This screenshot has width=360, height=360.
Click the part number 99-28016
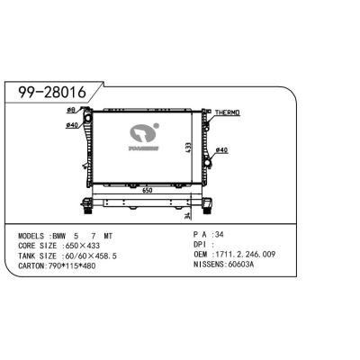[x=52, y=92]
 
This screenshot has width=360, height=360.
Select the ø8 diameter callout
[x=71, y=111]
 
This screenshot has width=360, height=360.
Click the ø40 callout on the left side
[x=72, y=124]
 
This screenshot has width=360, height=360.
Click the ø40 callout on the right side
[x=223, y=149]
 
